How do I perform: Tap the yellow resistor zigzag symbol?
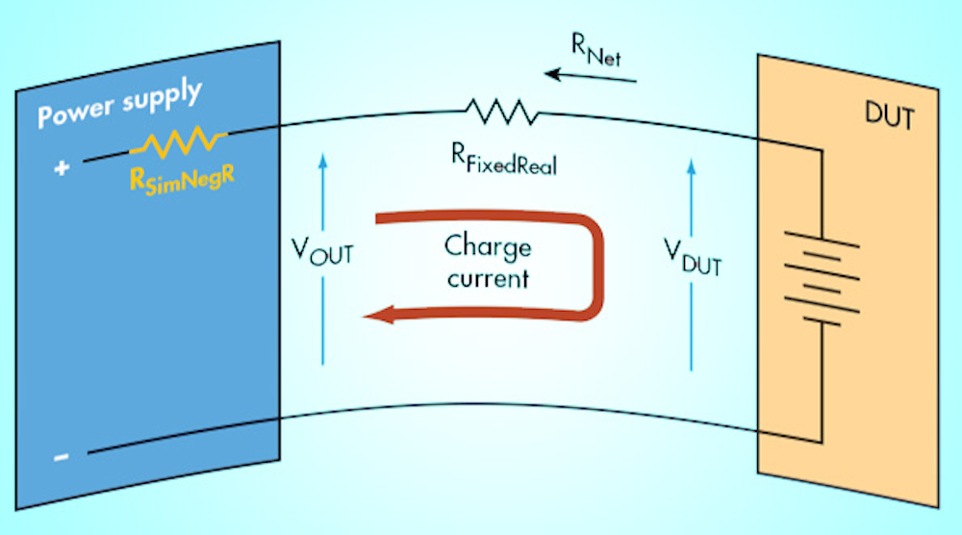click(178, 142)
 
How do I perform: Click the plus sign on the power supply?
click(63, 167)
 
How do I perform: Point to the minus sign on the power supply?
click(63, 456)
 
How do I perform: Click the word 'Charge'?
click(488, 247)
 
